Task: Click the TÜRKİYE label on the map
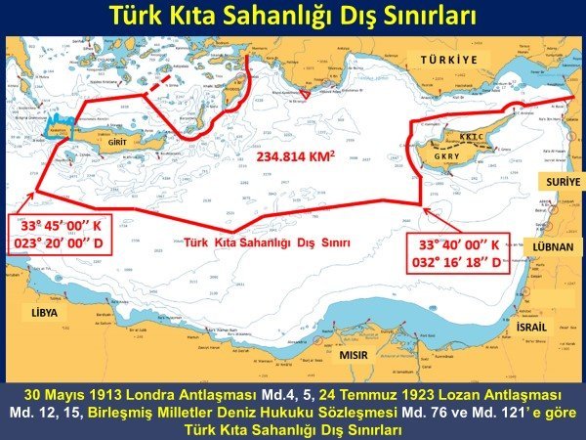tap(448, 59)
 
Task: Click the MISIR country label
tap(353, 355)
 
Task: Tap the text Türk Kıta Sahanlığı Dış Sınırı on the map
tap(270, 241)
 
